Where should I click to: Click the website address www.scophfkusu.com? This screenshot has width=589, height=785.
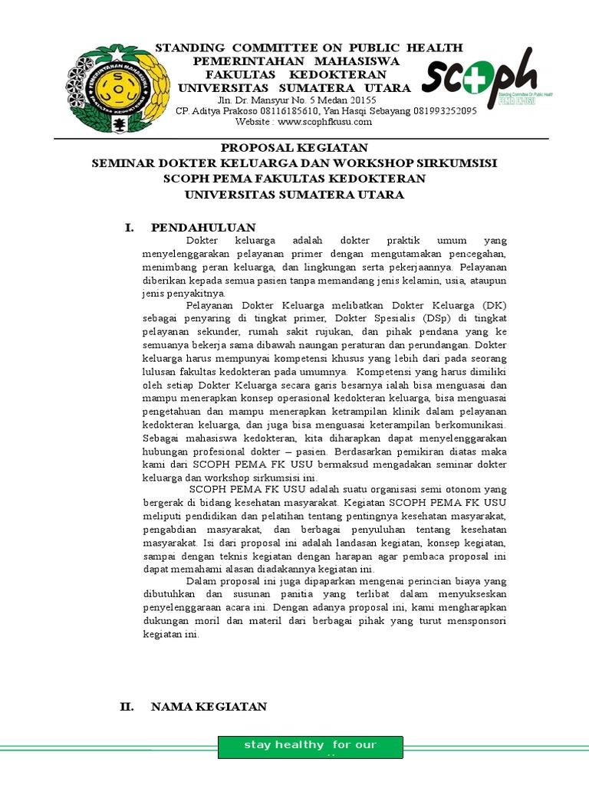[324, 122]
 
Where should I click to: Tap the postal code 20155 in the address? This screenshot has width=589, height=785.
[360, 100]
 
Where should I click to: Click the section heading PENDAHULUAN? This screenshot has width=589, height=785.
[203, 228]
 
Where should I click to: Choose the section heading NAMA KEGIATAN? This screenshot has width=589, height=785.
[209, 706]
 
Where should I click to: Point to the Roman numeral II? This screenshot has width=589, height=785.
[127, 706]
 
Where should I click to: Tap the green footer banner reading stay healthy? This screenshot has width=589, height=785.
[310, 747]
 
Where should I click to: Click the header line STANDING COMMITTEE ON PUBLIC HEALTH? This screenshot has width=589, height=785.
[309, 48]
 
